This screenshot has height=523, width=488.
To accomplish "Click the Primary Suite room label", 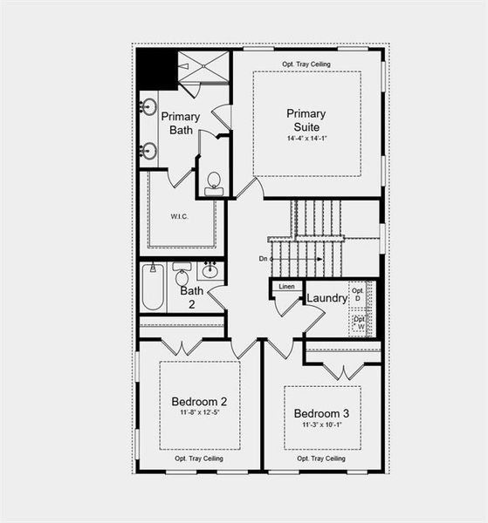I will (306, 119).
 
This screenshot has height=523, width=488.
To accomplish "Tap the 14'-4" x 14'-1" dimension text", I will (306, 139).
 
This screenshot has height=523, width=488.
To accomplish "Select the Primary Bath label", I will (181, 123).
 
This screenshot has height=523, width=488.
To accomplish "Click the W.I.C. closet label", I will (181, 217).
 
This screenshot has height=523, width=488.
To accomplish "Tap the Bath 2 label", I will (192, 297).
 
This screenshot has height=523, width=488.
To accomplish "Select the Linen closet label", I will (286, 287).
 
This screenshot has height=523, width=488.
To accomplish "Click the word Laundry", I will (327, 298).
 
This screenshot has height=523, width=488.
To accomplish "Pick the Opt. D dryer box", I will (358, 294).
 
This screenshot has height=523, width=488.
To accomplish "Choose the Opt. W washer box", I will (359, 323).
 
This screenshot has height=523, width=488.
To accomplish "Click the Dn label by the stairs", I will (263, 259).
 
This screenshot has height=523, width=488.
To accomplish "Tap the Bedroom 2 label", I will (199, 402).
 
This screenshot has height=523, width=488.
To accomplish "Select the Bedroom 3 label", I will (321, 412).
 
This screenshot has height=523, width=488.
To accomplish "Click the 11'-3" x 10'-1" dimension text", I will (321, 425).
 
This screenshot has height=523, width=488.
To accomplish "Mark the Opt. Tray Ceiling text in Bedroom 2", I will (199, 458).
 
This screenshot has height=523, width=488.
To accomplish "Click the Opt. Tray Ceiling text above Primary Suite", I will (306, 65).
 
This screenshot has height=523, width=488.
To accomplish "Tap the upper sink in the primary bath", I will (148, 108).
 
